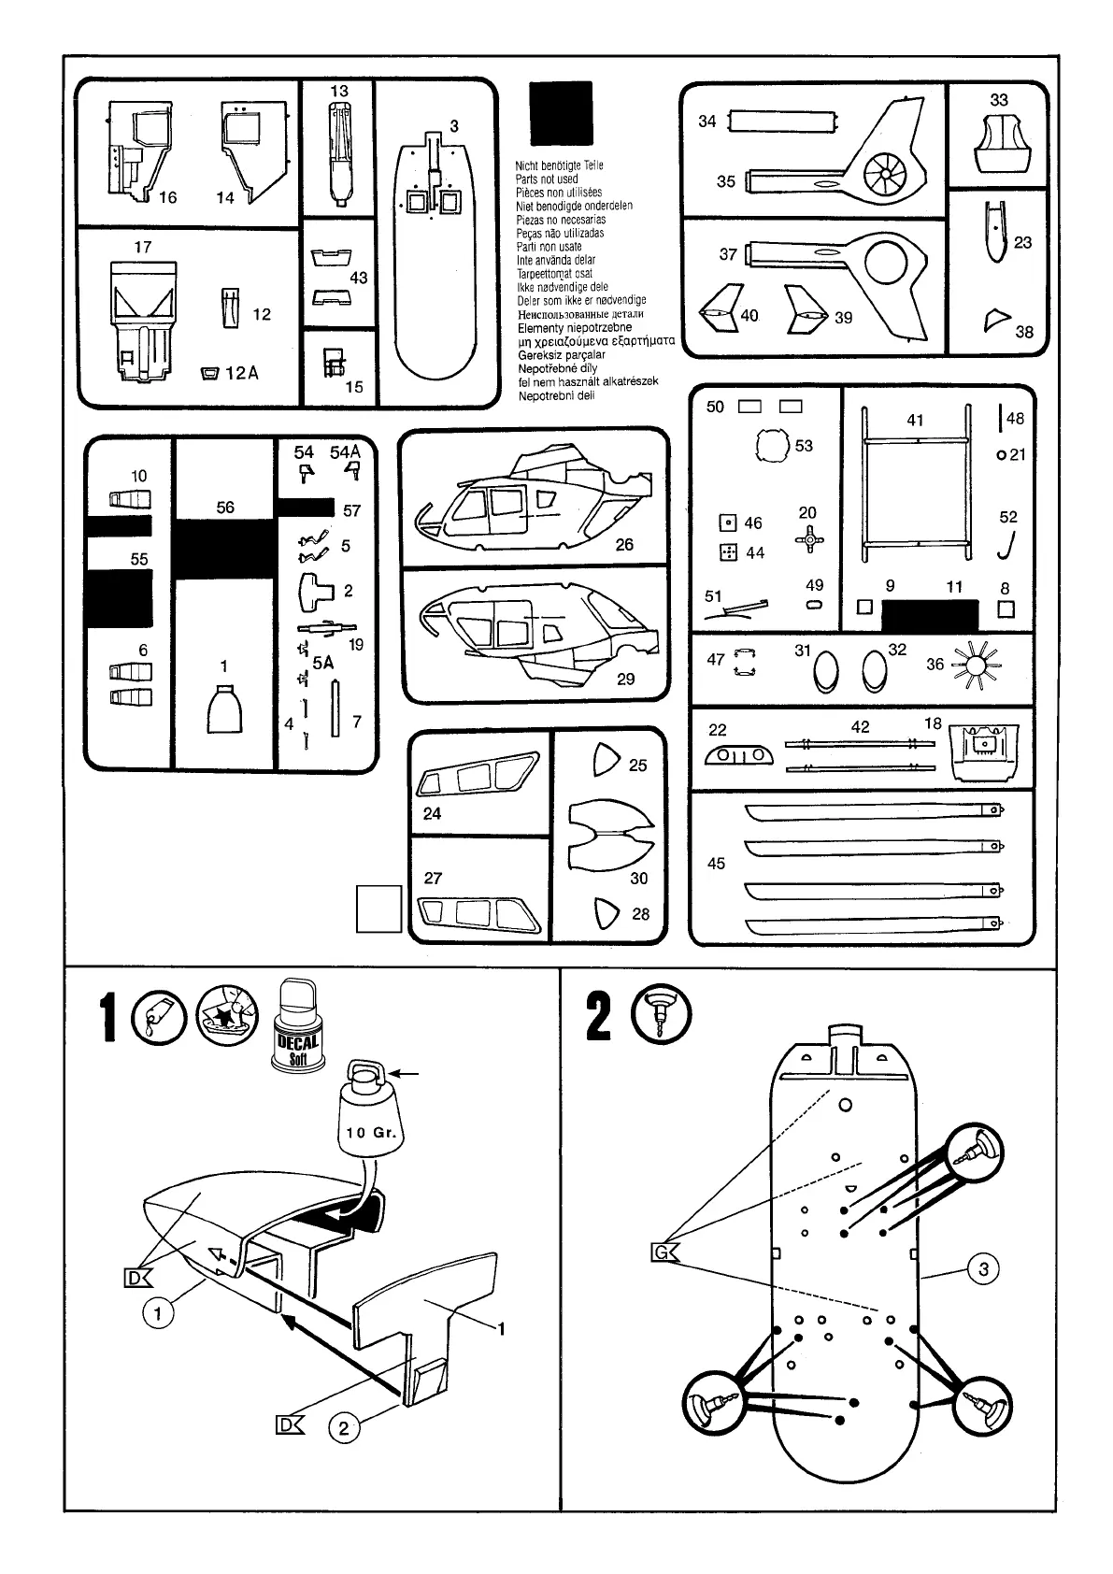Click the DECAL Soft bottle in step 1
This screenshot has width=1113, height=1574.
[x=298, y=1026]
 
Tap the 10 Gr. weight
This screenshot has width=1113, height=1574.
[x=371, y=1116]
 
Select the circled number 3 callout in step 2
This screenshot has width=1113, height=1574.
[x=982, y=1268]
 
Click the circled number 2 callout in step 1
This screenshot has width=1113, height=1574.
[x=344, y=1427]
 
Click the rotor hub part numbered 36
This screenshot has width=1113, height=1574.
[x=977, y=666]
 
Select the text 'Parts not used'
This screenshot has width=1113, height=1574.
[x=547, y=179]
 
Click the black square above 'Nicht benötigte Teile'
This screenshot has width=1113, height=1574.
[x=561, y=114]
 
